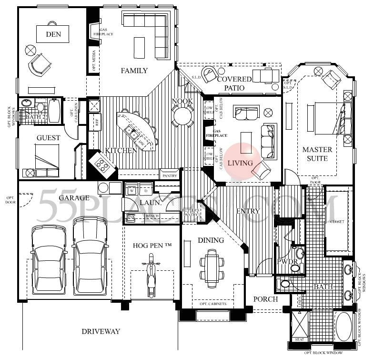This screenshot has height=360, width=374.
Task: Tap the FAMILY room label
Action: (x=134, y=71)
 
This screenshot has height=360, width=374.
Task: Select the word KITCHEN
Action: (x=121, y=150)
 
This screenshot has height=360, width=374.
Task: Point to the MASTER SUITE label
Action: (x=317, y=154)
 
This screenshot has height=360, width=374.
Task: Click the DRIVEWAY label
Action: (x=100, y=331)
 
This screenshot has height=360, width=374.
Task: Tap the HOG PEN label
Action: (x=152, y=245)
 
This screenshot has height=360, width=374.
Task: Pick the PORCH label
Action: (x=266, y=299)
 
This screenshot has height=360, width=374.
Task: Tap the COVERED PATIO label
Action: (x=234, y=83)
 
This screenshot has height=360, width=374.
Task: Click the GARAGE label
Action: (x=74, y=197)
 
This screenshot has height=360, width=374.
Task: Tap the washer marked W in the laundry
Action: (x=131, y=191)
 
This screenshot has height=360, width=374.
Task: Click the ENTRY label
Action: (x=248, y=211)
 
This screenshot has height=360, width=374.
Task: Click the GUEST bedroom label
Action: (x=49, y=138)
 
